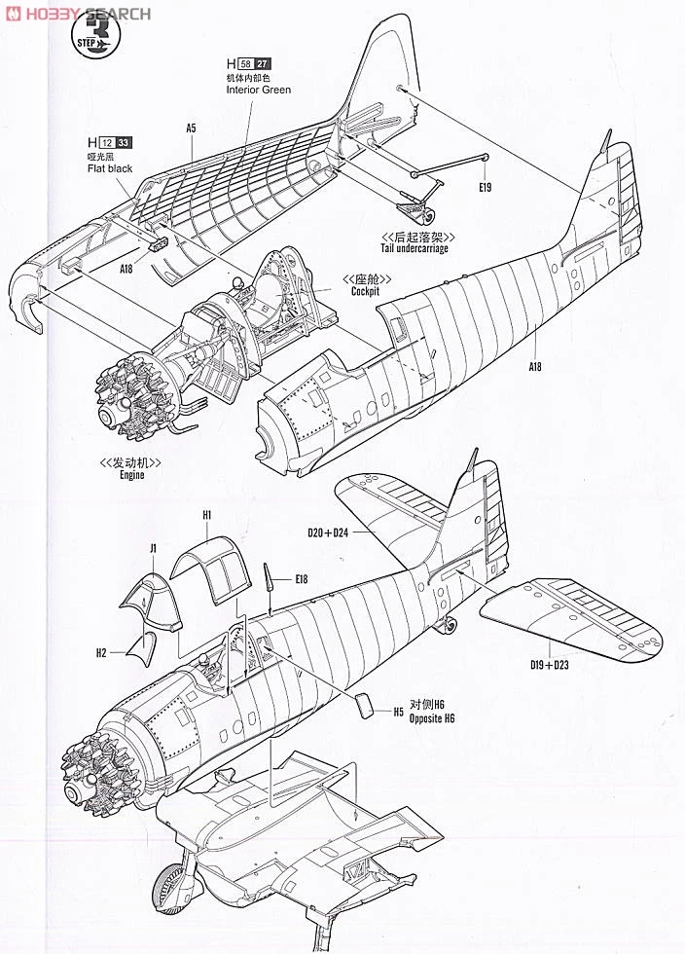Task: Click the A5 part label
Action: [x=192, y=128]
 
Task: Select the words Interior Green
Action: [x=258, y=90]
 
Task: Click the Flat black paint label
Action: [x=108, y=168]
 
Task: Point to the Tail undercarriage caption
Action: [x=421, y=248]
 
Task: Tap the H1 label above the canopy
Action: [x=207, y=514]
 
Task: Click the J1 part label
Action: [x=154, y=550]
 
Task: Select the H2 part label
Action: [x=101, y=652]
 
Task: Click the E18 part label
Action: [x=302, y=579]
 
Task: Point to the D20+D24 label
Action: [x=329, y=532]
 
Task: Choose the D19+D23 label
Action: [x=550, y=665]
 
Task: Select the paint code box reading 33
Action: [x=124, y=142]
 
